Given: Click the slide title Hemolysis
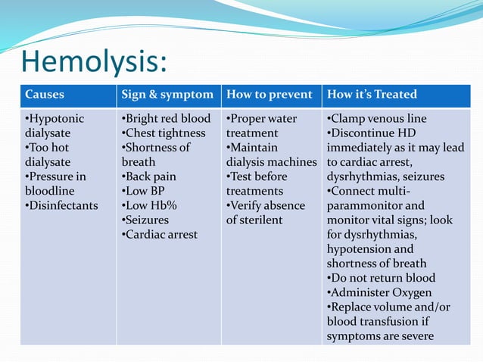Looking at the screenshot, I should pyautogui.click(x=94, y=61).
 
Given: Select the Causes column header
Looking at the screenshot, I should pyautogui.click(x=44, y=95).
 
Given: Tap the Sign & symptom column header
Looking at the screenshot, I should pyautogui.click(x=168, y=95).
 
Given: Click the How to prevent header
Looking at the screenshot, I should pyautogui.click(x=270, y=95).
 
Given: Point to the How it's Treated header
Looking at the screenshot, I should pyautogui.click(x=372, y=95).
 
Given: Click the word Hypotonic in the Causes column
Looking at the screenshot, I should pyautogui.click(x=55, y=119).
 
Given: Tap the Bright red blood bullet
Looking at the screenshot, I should pyautogui.click(x=167, y=119).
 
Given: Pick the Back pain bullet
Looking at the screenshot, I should pyautogui.click(x=151, y=176).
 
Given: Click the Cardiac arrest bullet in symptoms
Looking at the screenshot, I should pyautogui.click(x=160, y=234).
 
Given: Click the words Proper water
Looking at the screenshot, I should pyautogui.click(x=264, y=119).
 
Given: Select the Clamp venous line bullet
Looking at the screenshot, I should pyautogui.click(x=377, y=119).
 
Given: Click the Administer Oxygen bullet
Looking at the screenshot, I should pyautogui.click(x=379, y=292).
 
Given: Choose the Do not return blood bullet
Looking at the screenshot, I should pyautogui.click(x=382, y=278).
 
